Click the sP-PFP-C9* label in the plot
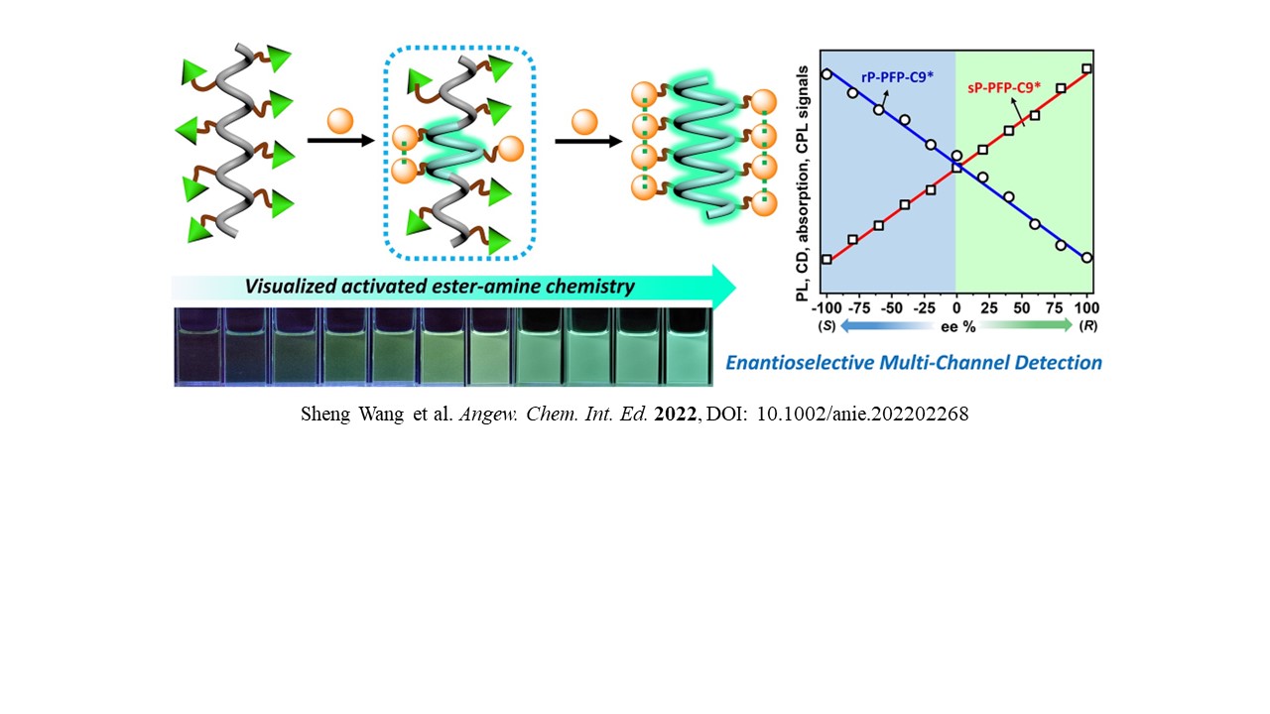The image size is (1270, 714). (x=1005, y=87)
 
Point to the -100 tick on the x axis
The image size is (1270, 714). (x=825, y=306)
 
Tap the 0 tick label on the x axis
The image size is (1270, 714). (x=956, y=306)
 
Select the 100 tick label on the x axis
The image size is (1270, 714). (x=1086, y=306)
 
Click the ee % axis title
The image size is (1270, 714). (x=956, y=324)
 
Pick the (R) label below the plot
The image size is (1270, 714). (x=1087, y=324)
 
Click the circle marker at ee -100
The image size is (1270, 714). (x=826, y=73)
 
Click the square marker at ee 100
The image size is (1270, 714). (x=1087, y=68)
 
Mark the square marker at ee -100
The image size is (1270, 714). (x=826, y=260)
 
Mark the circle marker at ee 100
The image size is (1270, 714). (x=1087, y=258)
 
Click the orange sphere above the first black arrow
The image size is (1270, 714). (x=340, y=121)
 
